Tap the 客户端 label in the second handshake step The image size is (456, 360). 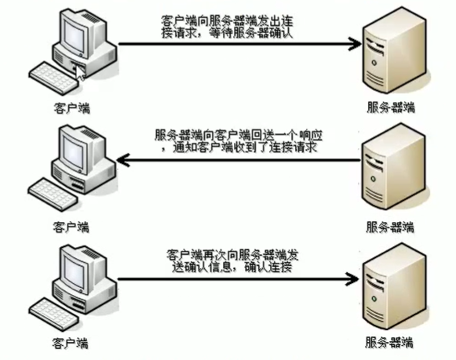(x=71, y=226)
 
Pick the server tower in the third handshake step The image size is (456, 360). (x=390, y=290)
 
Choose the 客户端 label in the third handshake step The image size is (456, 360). (x=71, y=343)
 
